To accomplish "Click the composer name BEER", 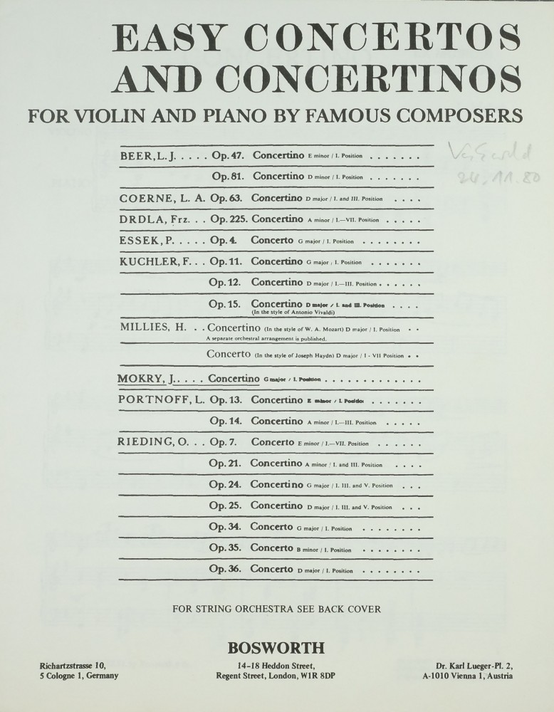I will pos(136,155).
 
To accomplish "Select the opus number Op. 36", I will pos(226,570).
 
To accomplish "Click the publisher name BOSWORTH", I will pos(276,648).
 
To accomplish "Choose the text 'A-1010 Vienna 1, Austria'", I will pos(467,676).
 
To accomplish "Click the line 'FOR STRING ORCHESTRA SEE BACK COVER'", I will pos(277,609).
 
